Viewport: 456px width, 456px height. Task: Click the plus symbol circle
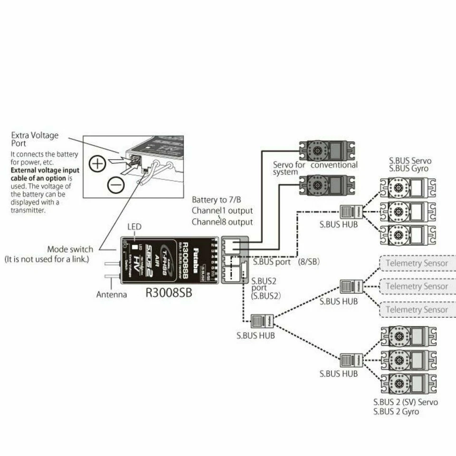point(97,164)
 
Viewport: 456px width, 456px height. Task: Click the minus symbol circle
point(116,184)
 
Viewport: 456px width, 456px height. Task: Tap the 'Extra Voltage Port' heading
point(35,139)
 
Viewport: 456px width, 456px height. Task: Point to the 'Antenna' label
point(112,294)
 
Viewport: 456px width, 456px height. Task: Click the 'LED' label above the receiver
point(134,227)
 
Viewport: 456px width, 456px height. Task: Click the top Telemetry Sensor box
point(417,263)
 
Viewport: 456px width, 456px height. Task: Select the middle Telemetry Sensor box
point(417,286)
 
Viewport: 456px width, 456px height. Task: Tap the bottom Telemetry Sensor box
point(417,309)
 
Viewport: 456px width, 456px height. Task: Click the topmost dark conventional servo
point(327,152)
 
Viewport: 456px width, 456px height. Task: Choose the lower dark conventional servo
point(327,185)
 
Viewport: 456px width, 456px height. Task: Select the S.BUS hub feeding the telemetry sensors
point(351,286)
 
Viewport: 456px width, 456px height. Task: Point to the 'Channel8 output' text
point(222,222)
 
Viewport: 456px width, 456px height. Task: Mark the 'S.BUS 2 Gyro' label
point(396,411)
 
